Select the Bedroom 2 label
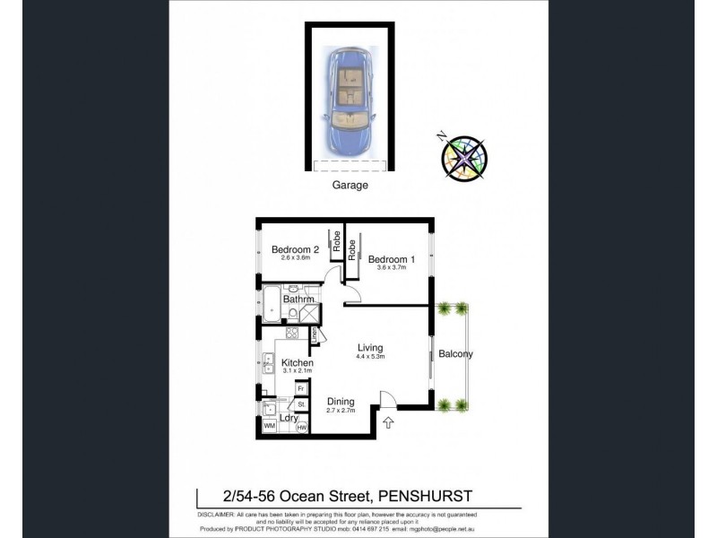click(295, 249)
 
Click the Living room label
click(370, 348)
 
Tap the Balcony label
click(455, 353)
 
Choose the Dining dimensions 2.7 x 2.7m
click(340, 411)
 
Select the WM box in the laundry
click(269, 425)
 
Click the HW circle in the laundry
click(302, 426)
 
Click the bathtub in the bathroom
click(271, 307)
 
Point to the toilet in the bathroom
click(292, 313)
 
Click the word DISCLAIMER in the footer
click(215, 514)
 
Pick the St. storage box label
click(301, 404)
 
